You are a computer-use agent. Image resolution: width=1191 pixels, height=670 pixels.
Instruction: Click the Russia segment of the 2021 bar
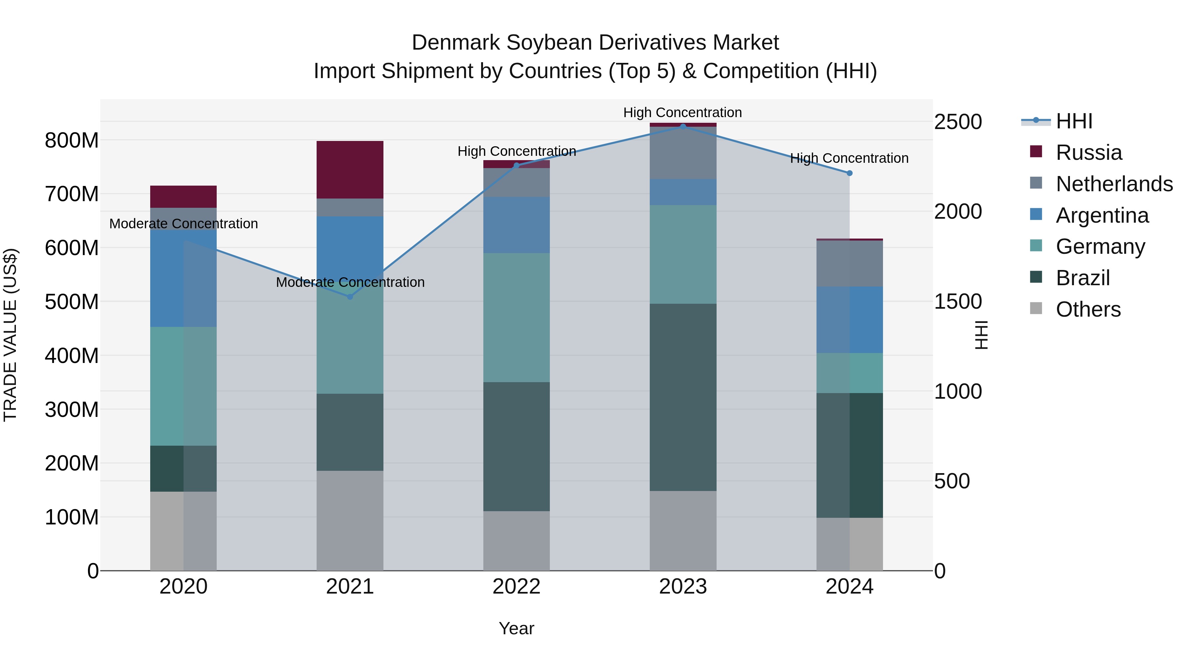pos(350,170)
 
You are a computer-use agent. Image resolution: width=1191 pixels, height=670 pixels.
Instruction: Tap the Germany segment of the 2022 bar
pos(516,317)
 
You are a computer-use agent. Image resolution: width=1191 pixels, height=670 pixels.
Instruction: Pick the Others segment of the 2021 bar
pos(350,521)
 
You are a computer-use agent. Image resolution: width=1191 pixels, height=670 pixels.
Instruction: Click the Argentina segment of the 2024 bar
pos(849,320)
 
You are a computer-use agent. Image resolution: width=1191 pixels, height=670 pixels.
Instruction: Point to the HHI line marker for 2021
pos(350,297)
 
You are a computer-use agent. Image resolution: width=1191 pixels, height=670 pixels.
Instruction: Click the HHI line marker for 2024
pos(849,173)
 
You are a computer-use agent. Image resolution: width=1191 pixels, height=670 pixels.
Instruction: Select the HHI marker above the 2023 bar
pos(683,126)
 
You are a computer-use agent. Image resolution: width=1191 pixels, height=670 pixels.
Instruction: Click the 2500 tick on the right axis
pos(957,122)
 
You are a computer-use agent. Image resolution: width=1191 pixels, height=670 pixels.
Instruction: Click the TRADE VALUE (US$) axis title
pos(10,335)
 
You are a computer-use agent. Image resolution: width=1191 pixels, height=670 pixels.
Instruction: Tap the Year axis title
pos(516,628)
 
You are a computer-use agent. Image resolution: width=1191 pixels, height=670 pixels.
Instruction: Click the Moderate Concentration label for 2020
pos(184,224)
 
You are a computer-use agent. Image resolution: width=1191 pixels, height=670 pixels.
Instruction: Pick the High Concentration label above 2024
pos(849,158)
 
